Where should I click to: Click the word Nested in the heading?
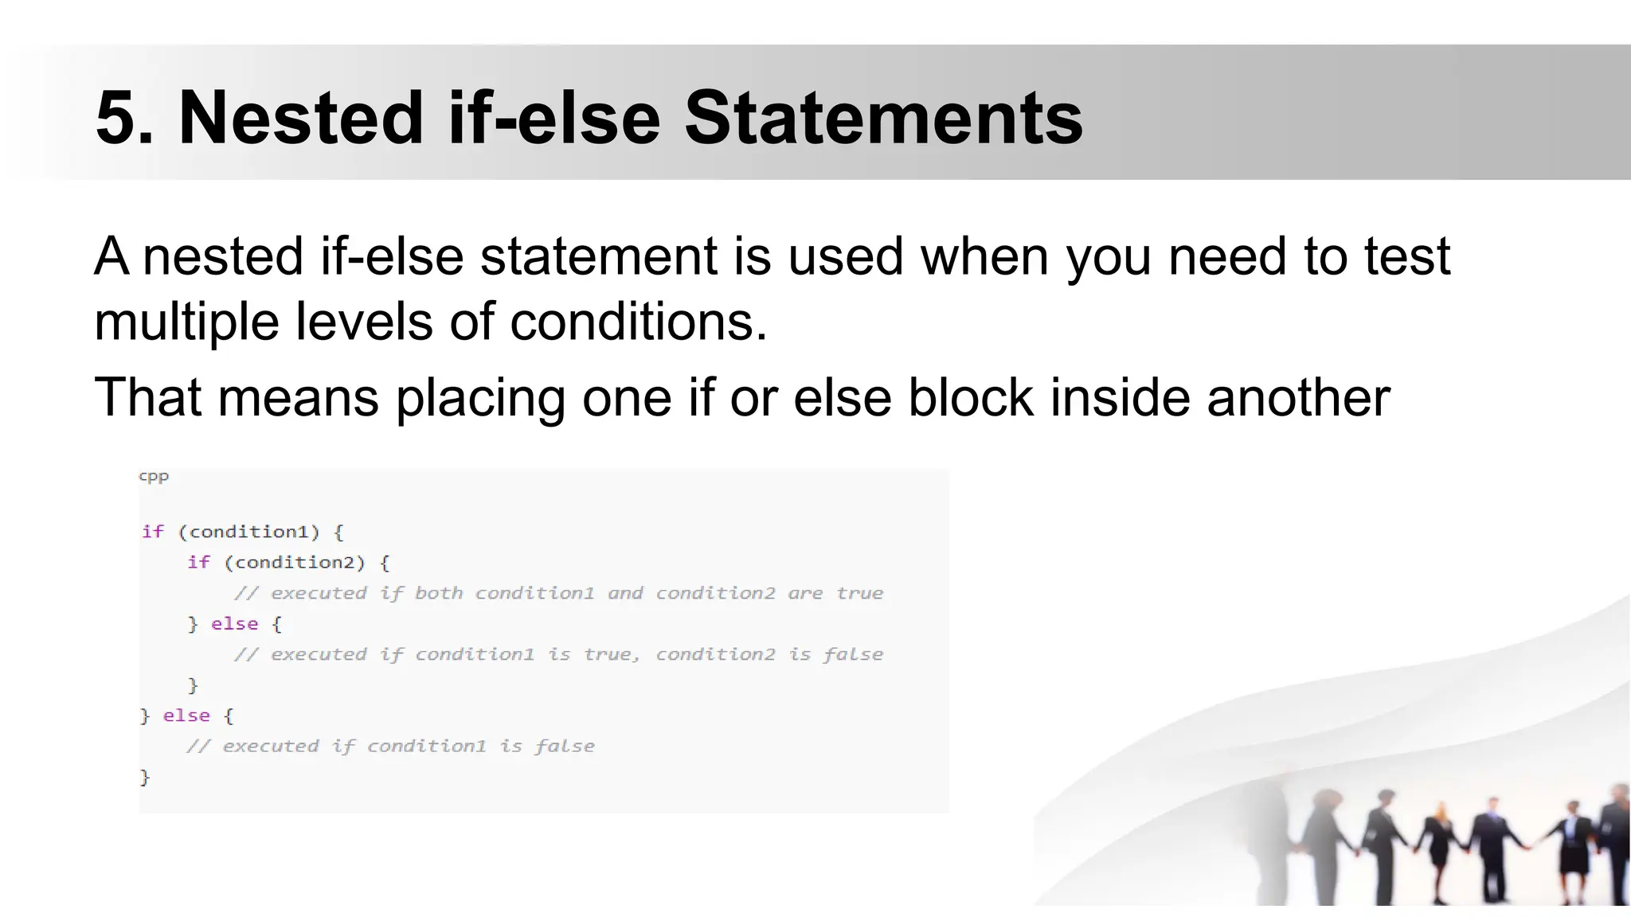tap(301, 119)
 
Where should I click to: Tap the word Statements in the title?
tap(883, 119)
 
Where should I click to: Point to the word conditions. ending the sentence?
tap(638, 323)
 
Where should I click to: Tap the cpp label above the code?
tap(154, 477)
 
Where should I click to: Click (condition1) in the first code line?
tap(248, 532)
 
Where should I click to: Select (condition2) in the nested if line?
tap(295, 563)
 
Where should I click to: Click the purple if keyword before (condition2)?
tap(198, 563)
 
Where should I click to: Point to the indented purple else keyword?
tap(234, 624)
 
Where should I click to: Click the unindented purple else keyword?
tap(186, 716)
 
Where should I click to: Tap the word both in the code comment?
tap(439, 593)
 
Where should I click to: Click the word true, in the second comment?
tap(612, 654)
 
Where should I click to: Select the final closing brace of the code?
tap(145, 777)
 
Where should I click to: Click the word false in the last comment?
tap(564, 747)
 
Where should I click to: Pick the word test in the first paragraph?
tap(1406, 257)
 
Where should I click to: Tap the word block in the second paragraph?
tap(970, 397)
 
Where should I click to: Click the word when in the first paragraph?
tap(984, 257)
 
